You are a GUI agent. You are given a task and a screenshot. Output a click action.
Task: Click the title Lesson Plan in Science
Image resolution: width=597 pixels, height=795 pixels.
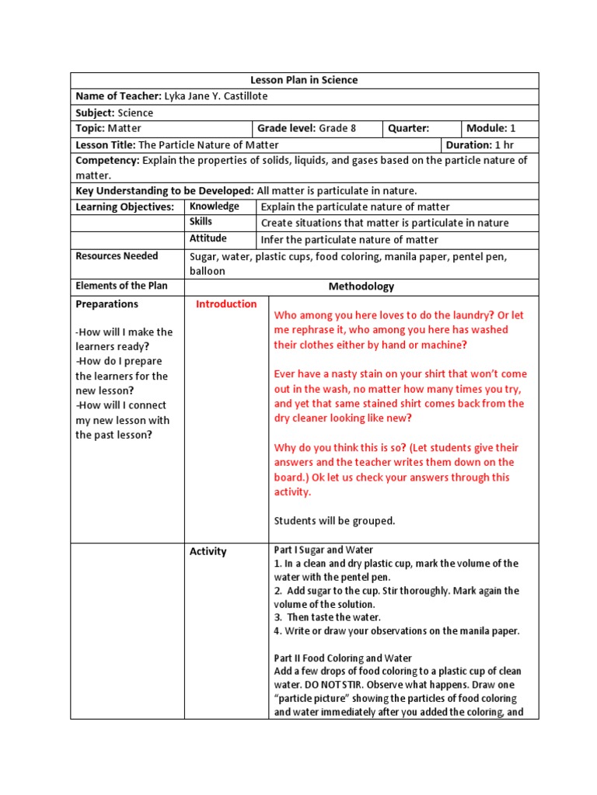[x=304, y=81]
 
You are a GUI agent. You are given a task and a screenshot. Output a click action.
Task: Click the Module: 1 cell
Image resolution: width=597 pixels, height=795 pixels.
[x=491, y=128]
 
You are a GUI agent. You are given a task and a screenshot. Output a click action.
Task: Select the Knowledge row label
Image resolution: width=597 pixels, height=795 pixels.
[x=215, y=207]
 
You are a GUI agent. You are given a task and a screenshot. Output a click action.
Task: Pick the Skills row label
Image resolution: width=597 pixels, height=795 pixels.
[x=201, y=222]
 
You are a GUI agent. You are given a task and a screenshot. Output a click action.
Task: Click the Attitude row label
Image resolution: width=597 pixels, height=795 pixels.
[x=208, y=238]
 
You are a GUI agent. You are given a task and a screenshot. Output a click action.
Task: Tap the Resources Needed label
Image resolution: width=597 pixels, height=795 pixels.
[x=117, y=256]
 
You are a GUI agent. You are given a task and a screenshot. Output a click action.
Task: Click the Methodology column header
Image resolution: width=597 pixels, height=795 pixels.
[x=361, y=286]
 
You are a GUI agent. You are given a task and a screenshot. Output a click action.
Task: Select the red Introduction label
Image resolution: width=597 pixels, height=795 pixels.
[x=226, y=304]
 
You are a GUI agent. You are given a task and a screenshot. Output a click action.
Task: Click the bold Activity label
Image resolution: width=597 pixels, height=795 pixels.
[x=208, y=552]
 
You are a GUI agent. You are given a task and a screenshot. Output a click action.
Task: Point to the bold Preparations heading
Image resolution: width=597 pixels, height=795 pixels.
[x=106, y=304]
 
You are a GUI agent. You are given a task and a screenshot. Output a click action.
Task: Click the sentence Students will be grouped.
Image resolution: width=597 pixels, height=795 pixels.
[x=335, y=521]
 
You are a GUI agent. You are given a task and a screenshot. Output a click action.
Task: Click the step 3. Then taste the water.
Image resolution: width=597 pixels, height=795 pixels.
[x=327, y=617]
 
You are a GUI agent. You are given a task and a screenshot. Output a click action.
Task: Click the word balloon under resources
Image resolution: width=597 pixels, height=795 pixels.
[x=208, y=271]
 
